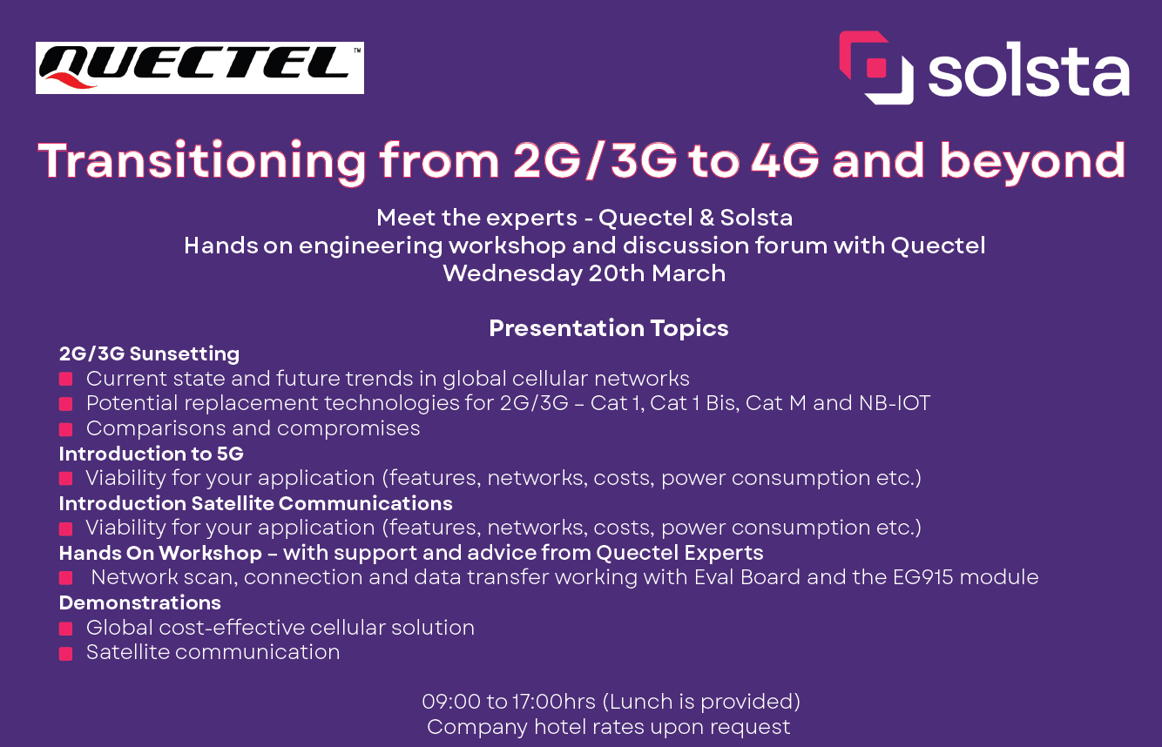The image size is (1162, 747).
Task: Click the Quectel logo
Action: [199, 68]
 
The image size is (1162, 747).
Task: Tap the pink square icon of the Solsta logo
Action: [875, 68]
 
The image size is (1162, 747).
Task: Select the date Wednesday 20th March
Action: [584, 273]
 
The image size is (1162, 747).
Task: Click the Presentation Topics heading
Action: [608, 328]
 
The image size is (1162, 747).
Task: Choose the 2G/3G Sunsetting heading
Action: [149, 353]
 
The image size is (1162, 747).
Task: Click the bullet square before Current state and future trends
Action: [65, 380]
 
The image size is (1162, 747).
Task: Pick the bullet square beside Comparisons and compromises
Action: [65, 429]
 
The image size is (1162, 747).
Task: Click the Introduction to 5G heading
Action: [152, 454]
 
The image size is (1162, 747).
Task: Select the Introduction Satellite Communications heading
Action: [255, 503]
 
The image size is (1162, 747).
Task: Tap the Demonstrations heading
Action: [139, 602]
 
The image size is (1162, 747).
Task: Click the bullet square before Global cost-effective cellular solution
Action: [65, 629]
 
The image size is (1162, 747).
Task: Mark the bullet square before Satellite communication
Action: [65, 653]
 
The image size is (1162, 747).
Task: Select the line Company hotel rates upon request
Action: [608, 727]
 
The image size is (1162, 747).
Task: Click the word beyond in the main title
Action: [1031, 161]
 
